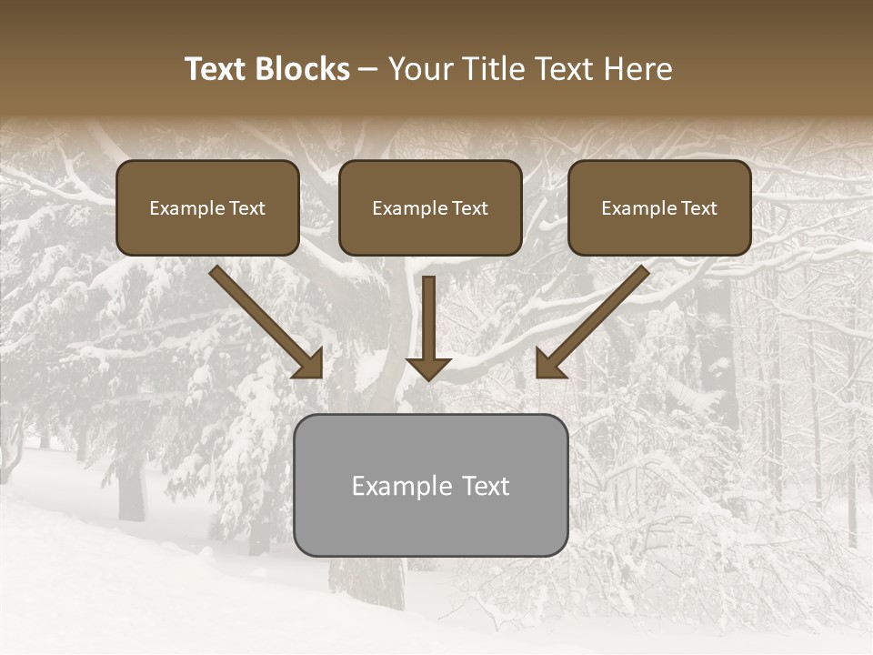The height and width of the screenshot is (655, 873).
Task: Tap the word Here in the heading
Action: pyautogui.click(x=636, y=69)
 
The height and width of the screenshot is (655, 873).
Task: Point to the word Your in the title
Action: pyautogui.click(x=420, y=69)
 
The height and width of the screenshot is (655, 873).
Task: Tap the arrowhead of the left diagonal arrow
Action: pyautogui.click(x=309, y=365)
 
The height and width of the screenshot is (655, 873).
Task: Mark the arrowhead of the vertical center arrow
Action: pyautogui.click(x=428, y=368)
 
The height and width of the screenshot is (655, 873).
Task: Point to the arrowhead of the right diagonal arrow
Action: pyautogui.click(x=549, y=365)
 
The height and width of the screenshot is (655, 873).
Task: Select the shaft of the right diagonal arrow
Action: pyautogui.click(x=605, y=309)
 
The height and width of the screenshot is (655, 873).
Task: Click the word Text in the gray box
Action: pyautogui.click(x=486, y=486)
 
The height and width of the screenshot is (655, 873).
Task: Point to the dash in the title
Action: pyautogui.click(x=368, y=70)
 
